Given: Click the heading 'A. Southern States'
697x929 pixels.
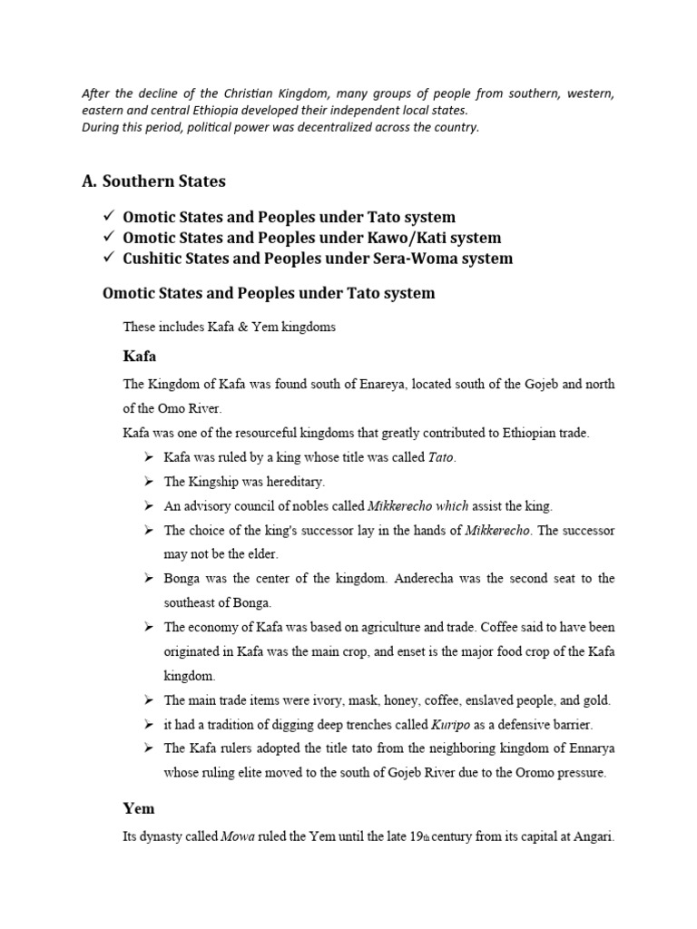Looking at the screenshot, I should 153,181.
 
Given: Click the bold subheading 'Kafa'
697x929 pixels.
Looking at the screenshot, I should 140,357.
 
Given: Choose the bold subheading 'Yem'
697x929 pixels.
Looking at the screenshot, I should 139,807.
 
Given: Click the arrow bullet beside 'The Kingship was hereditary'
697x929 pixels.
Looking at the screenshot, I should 150,482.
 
